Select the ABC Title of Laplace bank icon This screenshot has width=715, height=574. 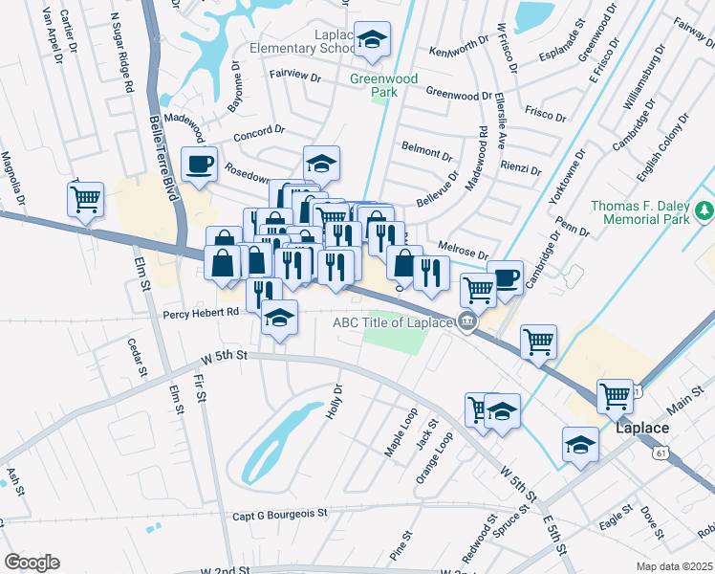[467, 321]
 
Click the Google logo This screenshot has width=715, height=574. [32, 562]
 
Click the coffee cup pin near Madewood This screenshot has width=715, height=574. [199, 164]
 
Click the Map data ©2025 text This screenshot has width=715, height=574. [675, 565]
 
